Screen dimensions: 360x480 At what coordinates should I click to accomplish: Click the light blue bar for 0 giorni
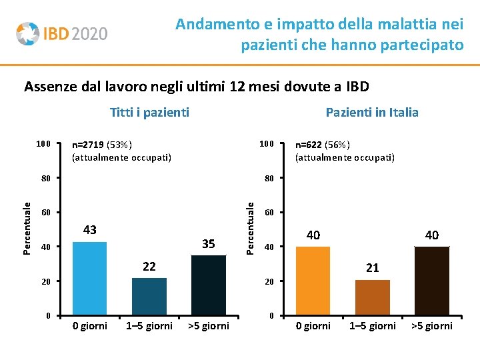89,278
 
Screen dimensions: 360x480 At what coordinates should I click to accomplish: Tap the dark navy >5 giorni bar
209,285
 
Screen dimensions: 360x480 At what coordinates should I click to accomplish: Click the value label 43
89,230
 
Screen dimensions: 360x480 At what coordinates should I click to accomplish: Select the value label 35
209,244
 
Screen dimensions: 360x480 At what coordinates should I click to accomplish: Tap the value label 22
149,267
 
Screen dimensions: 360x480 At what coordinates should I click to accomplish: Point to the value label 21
373,267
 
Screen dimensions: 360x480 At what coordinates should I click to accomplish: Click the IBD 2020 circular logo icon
27,33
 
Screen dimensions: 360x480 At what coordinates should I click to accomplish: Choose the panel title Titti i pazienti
149,112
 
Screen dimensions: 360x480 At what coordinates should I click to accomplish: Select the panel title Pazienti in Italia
372,112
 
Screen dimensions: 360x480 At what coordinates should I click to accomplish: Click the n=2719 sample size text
102,145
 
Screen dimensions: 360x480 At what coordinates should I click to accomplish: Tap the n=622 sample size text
323,145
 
